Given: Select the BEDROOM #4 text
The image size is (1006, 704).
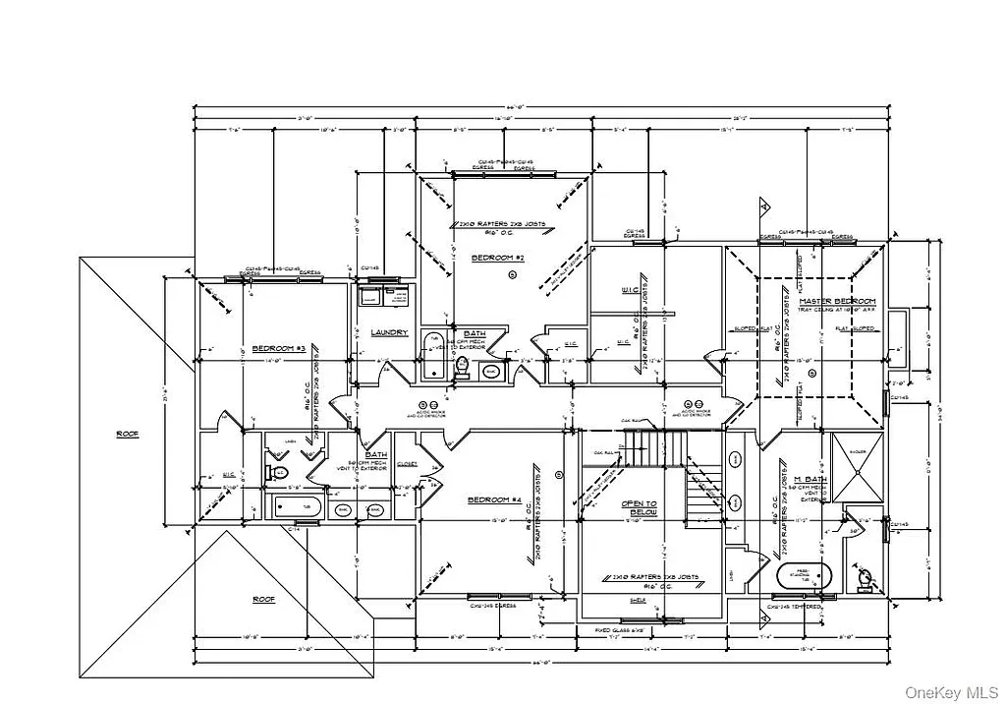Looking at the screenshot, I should point(493,500).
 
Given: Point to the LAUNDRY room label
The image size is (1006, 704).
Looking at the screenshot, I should point(390,332).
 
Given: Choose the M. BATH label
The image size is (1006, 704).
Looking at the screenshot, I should point(811,479).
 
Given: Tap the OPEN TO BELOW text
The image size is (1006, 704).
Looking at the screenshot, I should point(638,508).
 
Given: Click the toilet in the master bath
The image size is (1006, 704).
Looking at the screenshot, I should point(864,577).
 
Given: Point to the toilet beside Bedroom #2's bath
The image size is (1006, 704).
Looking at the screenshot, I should point(462,367).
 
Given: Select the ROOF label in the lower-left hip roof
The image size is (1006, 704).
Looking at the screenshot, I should point(263,599).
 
